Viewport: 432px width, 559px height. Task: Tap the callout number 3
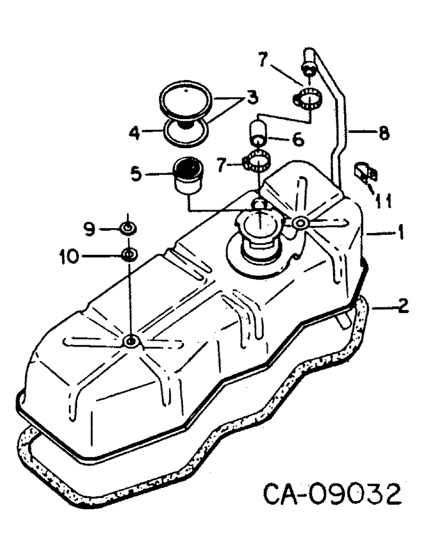click(x=253, y=98)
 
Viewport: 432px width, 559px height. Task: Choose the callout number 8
click(x=383, y=134)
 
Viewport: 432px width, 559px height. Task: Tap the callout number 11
click(x=382, y=201)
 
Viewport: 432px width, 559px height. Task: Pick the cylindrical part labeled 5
click(x=189, y=174)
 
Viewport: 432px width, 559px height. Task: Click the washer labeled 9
click(x=128, y=228)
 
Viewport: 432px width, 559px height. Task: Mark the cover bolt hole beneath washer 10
click(x=130, y=340)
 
